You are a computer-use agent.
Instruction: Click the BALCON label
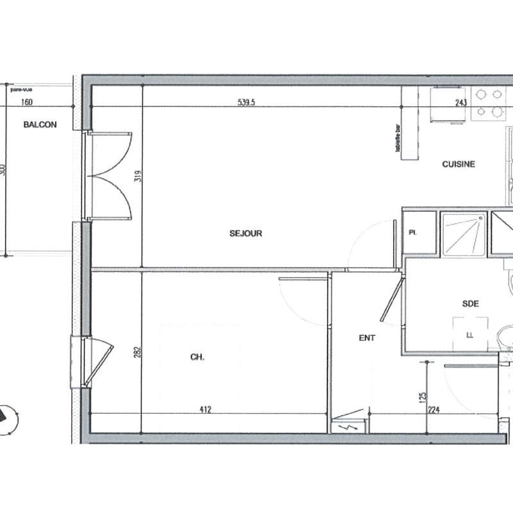pyautogui.click(x=40, y=125)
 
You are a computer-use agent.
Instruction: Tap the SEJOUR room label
pyautogui.click(x=246, y=233)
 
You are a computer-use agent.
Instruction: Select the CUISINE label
pyautogui.click(x=458, y=164)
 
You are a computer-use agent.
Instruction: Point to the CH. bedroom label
pyautogui.click(x=197, y=358)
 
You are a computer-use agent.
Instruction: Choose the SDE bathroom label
pyautogui.click(x=471, y=305)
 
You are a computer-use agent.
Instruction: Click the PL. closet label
pyautogui.click(x=413, y=233)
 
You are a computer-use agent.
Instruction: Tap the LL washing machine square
pyautogui.click(x=469, y=333)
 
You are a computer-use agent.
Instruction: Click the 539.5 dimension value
pyautogui.click(x=246, y=102)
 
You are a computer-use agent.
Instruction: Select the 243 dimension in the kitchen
pyautogui.click(x=461, y=102)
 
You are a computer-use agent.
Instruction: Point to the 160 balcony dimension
pyautogui.click(x=27, y=102)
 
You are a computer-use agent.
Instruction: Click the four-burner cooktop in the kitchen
pyautogui.click(x=489, y=103)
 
